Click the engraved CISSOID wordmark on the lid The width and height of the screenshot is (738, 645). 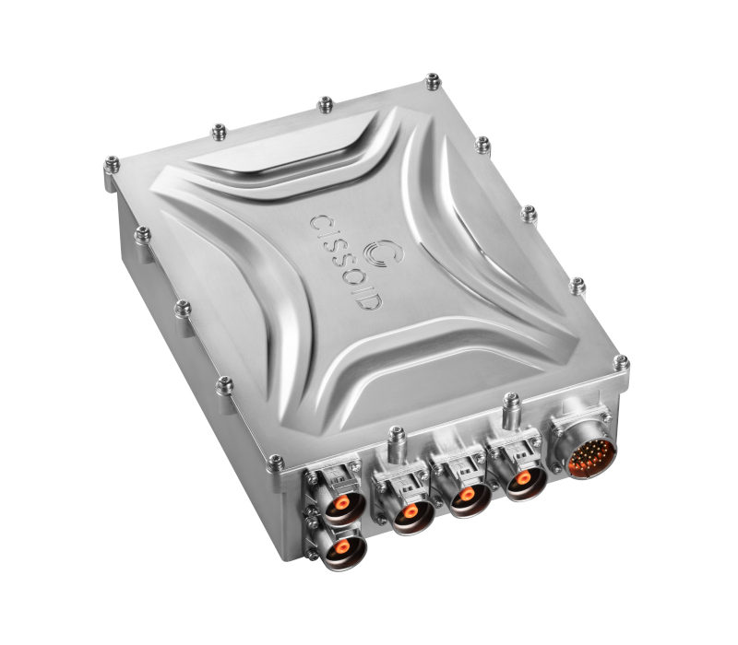[x=347, y=263]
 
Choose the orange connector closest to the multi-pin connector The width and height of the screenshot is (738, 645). [x=523, y=479]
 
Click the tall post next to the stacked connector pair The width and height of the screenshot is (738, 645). [x=397, y=445]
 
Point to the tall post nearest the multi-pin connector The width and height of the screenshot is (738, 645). [x=511, y=412]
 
